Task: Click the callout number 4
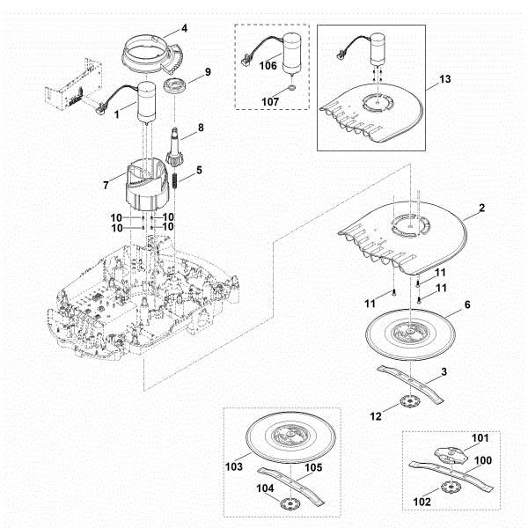tap(184, 28)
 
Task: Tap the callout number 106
tap(268, 67)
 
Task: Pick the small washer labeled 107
tap(291, 90)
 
